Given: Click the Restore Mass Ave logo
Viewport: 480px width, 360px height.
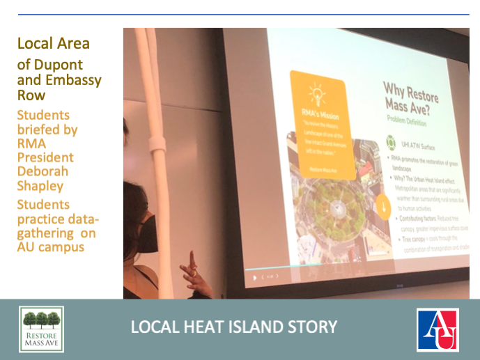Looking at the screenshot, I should [41, 329].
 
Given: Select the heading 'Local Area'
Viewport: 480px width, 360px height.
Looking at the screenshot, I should [54, 43].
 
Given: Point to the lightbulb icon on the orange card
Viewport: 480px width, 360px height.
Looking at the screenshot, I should [316, 93].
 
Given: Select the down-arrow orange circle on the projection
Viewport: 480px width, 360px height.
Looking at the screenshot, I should [382, 206].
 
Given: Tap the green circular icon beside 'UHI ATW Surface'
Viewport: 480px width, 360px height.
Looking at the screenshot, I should [391, 144].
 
